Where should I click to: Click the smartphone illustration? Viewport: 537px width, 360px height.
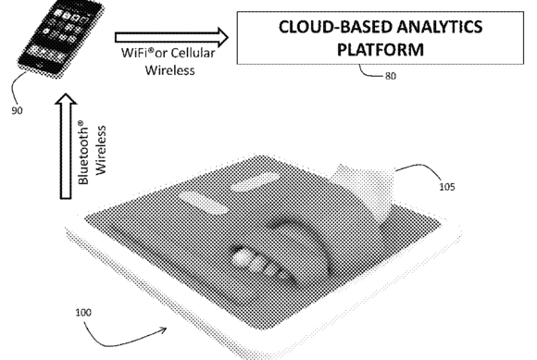coord(61,38)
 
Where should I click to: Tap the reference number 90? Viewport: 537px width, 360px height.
coord(17,110)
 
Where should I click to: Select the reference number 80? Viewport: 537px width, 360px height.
coord(391,76)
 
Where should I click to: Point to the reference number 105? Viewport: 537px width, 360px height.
coord(447,187)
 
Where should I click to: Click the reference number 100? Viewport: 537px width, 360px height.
coord(83,313)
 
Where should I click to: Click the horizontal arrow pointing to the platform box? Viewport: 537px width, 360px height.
coord(171,37)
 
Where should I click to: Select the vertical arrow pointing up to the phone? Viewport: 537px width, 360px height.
coord(66,146)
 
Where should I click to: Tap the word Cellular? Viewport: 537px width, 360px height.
coord(193,53)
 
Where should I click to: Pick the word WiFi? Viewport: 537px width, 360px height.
coord(134,53)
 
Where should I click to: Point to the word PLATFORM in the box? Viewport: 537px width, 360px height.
coord(381,49)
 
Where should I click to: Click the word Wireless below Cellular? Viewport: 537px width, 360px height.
coord(169,70)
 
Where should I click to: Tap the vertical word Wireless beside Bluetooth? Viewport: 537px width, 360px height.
coord(101,150)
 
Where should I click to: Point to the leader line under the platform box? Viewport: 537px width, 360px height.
coord(369,72)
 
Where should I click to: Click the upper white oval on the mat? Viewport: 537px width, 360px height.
coord(256,180)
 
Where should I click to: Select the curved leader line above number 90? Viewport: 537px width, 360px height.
coord(16,85)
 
